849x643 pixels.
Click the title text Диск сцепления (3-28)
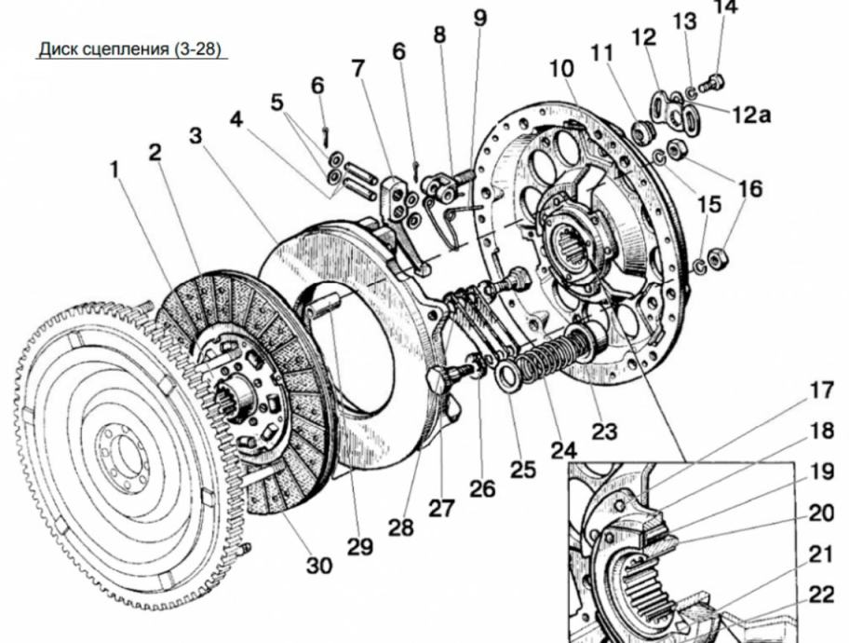129,49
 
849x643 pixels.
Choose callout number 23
604,431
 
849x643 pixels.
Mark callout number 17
821,391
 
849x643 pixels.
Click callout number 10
561,69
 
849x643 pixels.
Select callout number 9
478,17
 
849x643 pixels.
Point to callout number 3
195,135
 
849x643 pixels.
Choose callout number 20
821,513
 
